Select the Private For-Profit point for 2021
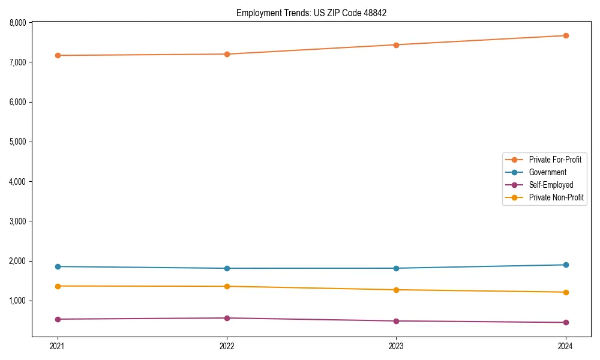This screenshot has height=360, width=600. (x=58, y=55)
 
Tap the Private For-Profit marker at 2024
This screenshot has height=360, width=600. (x=566, y=35)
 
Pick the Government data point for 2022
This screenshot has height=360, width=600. (x=227, y=268)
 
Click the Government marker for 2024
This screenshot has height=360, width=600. (x=566, y=265)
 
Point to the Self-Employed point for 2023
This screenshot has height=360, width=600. (x=396, y=321)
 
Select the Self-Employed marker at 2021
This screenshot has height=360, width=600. (x=58, y=319)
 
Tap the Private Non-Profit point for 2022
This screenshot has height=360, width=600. (x=227, y=286)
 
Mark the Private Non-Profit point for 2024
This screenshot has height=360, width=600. (x=566, y=292)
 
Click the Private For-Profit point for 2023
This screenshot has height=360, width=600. (x=396, y=44)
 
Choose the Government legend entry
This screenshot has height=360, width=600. (x=547, y=172)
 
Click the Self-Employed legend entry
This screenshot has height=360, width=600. (x=551, y=185)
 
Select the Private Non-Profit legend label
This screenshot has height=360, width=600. (x=556, y=197)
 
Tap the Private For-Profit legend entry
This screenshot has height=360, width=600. (x=555, y=160)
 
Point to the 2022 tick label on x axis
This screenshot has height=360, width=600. (x=227, y=346)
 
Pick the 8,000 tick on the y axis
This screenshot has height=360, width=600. (x=18, y=23)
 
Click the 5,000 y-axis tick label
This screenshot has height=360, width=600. (x=18, y=142)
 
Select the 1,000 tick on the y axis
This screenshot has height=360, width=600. (x=18, y=301)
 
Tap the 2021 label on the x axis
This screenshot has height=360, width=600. (x=58, y=346)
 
